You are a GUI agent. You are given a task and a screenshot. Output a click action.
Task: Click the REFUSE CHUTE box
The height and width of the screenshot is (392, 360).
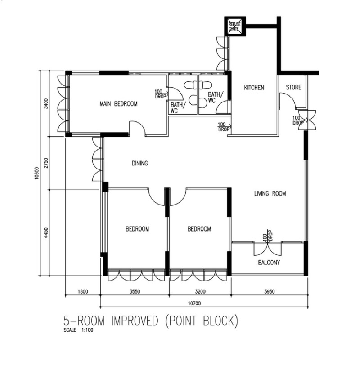tap(235, 27)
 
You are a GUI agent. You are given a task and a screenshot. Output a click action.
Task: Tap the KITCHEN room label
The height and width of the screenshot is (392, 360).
tap(254, 88)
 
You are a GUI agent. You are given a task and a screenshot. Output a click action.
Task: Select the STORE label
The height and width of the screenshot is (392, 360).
tap(293, 87)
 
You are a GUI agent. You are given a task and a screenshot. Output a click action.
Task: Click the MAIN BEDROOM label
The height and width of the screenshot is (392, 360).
tap(118, 103)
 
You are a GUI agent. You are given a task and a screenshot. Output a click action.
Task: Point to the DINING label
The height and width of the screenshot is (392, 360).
tap(139, 163)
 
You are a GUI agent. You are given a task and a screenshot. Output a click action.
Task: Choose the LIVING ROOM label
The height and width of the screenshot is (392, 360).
tap(270, 193)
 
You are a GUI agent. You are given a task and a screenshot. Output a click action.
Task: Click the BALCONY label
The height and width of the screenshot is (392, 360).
tap(269, 263)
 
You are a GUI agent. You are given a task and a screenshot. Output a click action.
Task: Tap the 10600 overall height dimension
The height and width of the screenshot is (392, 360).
tap(37, 173)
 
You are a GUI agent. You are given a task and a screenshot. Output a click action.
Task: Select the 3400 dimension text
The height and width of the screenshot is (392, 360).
tap(46, 103)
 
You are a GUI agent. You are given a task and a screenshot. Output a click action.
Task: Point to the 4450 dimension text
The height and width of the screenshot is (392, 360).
tap(46, 233)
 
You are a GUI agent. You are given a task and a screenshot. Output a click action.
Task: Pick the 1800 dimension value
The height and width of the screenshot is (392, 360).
tap(83, 291)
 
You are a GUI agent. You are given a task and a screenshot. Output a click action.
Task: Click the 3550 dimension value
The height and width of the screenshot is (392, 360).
tap(135, 291)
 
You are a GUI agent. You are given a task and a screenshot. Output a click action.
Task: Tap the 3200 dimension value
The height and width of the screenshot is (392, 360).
tap(200, 291)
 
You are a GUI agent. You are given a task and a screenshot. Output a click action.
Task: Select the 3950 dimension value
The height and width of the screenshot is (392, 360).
tap(270, 291)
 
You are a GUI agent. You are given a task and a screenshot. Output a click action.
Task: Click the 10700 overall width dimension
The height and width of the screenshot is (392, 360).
tap(194, 303)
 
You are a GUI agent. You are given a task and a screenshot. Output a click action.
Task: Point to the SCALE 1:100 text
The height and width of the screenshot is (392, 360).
tap(78, 330)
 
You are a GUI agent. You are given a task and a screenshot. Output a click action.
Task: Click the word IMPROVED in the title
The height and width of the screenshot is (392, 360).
tap(135, 321)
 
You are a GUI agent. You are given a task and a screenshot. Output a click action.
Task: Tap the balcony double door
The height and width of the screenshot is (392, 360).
tap(268, 249)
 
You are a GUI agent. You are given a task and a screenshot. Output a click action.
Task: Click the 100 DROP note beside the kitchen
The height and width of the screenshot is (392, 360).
tap(223, 127)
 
